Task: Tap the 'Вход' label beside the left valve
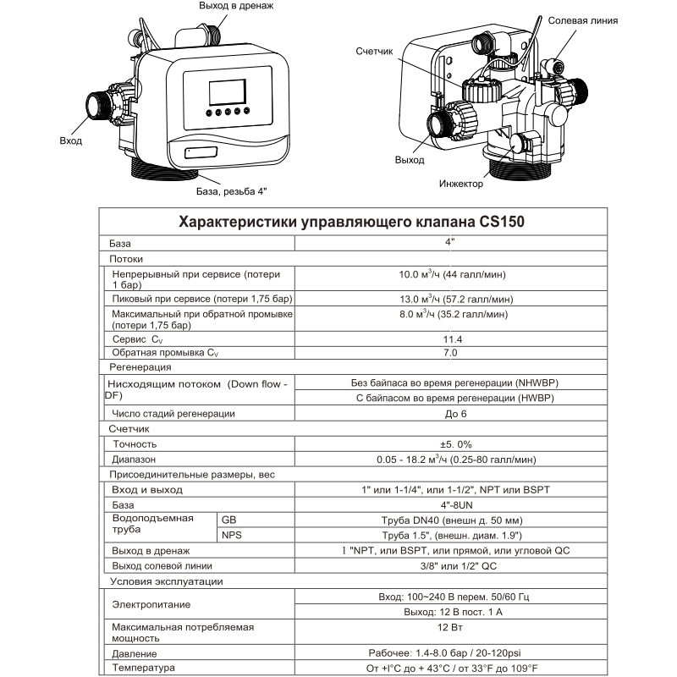point(71,140)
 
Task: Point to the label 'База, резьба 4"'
point(231,192)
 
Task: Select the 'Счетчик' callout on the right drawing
point(376,52)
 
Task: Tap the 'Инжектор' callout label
point(462,183)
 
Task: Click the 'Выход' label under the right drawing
point(410,160)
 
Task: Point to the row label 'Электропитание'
point(151,605)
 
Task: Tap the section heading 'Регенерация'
point(141,368)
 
